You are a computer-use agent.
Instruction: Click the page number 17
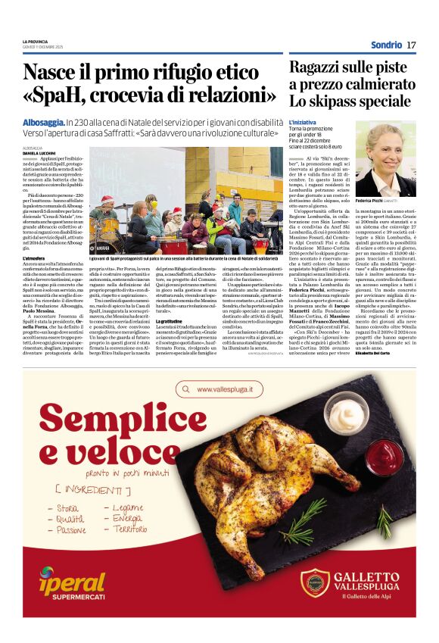click(411, 45)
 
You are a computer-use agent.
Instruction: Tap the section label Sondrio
click(386, 45)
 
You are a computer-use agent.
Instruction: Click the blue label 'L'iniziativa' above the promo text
click(301, 121)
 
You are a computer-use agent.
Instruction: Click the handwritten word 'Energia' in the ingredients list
click(128, 518)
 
